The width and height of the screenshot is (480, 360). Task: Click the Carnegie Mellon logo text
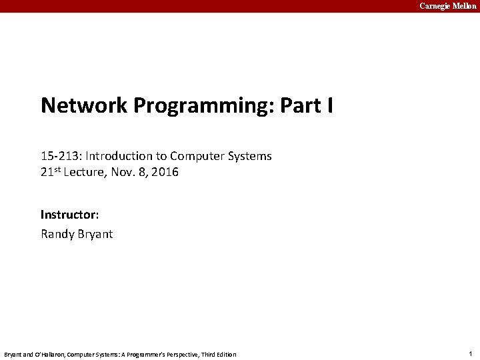(447, 6)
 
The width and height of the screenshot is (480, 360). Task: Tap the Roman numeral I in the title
(329, 105)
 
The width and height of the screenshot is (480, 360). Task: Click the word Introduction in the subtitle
(118, 156)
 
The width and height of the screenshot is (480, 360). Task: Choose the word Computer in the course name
(196, 156)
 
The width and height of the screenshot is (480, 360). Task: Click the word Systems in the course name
(249, 156)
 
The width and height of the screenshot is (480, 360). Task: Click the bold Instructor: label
(69, 215)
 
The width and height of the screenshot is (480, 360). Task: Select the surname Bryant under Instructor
(96, 234)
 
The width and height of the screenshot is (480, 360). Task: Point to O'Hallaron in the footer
(47, 354)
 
